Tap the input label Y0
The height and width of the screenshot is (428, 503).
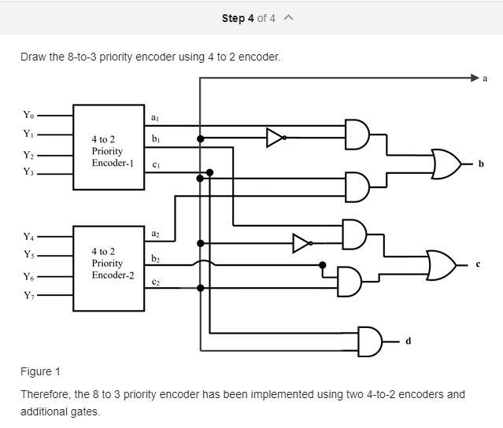28,115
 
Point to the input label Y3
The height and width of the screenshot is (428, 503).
28,172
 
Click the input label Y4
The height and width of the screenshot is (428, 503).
28,237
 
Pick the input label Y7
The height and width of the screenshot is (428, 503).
29,295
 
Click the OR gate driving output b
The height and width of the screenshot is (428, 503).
446,164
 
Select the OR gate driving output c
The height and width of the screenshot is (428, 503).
442,265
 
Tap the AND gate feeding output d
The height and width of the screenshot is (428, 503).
370,341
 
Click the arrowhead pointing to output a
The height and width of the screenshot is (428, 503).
475,78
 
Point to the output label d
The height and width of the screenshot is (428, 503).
408,341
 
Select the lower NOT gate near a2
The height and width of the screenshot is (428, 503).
302,244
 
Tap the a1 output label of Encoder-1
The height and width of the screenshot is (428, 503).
155,118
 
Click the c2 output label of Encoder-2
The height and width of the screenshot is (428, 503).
156,282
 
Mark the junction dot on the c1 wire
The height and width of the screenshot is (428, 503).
209,173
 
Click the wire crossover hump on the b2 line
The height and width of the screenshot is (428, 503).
204,263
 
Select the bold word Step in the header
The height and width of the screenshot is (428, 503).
233,19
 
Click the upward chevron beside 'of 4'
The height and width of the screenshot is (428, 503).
288,17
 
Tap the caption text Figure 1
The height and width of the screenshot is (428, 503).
40,371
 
